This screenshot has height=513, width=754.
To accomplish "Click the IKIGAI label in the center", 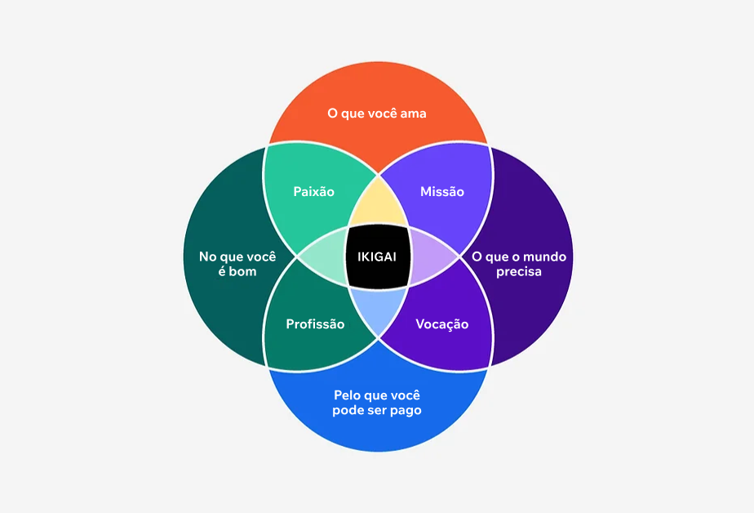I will click(377, 256).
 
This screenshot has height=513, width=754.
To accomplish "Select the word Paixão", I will click(313, 192).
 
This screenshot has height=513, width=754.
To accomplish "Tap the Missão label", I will click(441, 192).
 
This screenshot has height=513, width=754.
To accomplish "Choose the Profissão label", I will click(315, 324).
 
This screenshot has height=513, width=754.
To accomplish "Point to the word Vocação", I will click(441, 324).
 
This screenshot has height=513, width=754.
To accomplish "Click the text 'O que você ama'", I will click(377, 114).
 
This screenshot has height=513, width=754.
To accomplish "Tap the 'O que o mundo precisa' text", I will click(518, 264).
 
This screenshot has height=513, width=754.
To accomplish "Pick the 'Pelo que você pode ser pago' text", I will click(377, 403).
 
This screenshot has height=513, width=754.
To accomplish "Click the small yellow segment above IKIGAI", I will click(378, 208).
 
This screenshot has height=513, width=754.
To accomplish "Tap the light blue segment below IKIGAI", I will click(378, 309).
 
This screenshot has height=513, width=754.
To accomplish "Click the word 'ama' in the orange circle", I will click(414, 114).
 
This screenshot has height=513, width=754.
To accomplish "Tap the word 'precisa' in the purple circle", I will click(518, 271).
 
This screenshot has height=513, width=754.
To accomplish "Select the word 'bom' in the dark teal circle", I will click(242, 271).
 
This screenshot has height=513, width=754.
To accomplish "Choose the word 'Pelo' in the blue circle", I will click(348, 395).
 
